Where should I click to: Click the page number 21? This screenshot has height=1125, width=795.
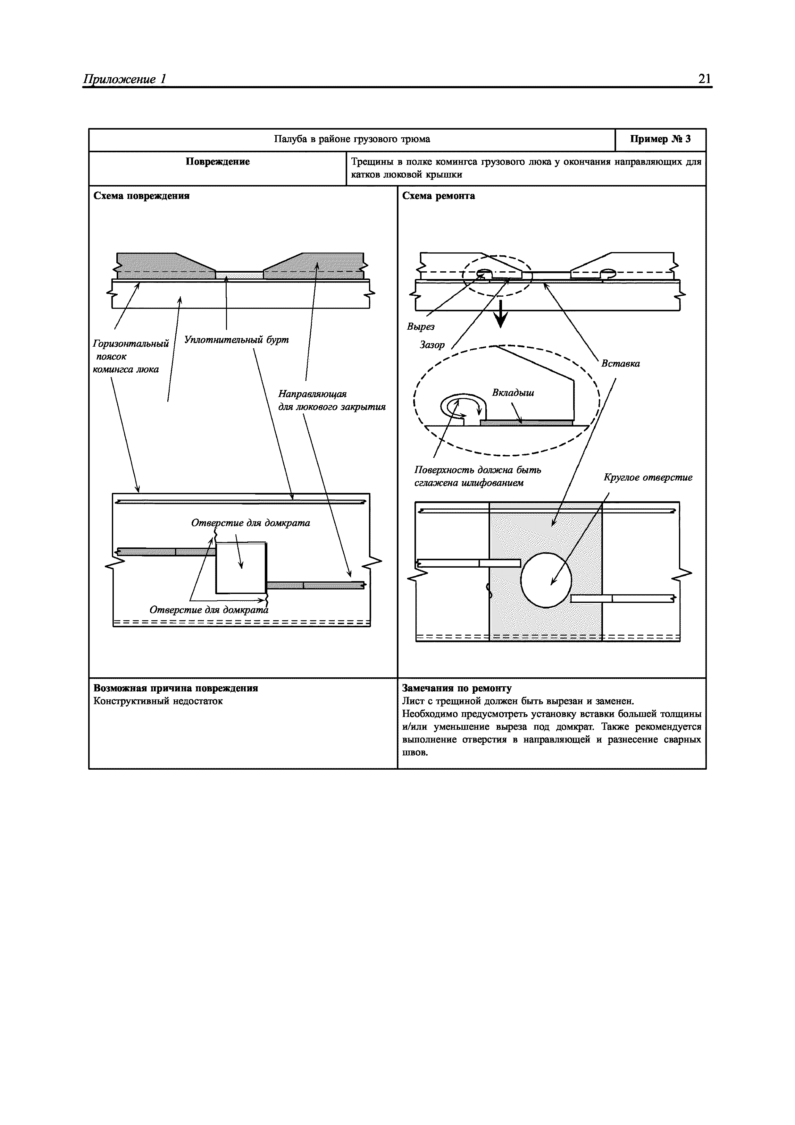point(704,79)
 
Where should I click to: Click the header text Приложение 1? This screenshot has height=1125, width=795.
point(125,80)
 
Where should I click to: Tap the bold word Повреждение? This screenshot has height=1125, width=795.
point(217,162)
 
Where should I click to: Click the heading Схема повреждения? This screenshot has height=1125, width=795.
point(142,196)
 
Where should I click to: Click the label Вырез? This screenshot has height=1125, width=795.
point(420,326)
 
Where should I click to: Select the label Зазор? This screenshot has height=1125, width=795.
point(431,345)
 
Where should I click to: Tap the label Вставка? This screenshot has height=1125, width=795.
point(620,364)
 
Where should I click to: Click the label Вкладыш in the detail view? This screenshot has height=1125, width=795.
point(513,393)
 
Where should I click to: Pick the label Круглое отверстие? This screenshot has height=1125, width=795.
point(648,477)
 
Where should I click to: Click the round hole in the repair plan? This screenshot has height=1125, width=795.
point(546,579)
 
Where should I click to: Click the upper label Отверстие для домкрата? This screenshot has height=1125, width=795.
point(250,523)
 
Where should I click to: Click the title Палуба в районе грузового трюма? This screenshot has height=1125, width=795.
point(352,139)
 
